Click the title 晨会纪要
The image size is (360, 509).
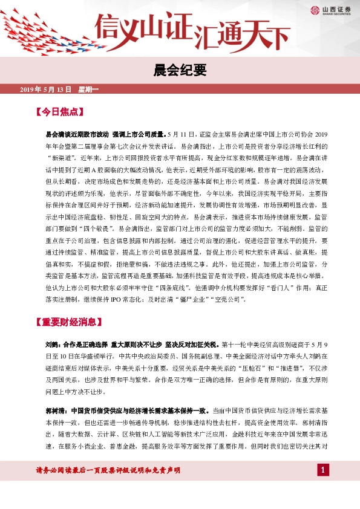[180, 70]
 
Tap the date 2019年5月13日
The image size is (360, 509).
[45, 89]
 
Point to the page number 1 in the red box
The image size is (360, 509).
[323, 470]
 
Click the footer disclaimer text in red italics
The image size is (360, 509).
[108, 470]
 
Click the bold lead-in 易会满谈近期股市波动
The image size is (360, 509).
[77, 132]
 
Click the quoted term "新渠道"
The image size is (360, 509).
[62, 154]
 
